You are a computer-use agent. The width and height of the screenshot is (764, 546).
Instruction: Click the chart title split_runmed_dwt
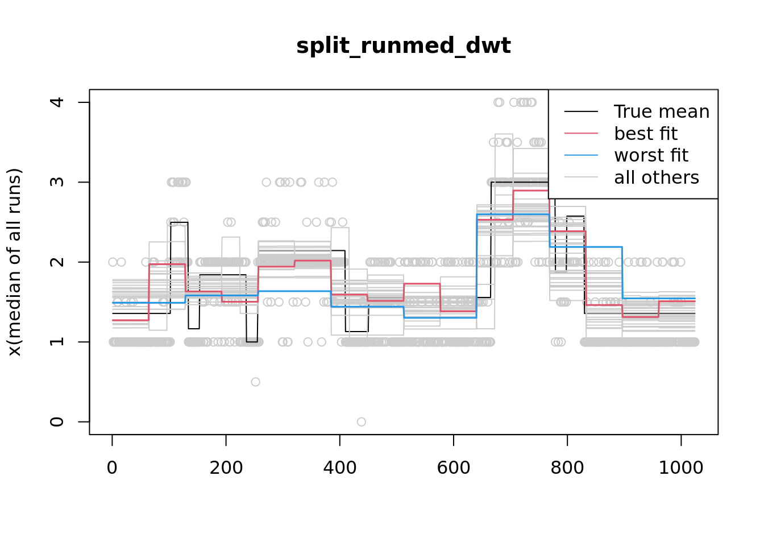tap(403, 45)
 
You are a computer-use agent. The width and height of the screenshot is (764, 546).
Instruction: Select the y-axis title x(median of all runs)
tap(14, 262)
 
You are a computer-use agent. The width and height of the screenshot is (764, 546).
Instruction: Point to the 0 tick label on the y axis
tap(57, 421)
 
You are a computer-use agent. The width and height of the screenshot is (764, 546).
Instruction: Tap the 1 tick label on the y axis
tap(57, 342)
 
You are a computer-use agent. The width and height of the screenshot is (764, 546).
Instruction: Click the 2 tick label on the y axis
tap(57, 262)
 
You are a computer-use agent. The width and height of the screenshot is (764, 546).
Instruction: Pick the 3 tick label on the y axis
tap(57, 182)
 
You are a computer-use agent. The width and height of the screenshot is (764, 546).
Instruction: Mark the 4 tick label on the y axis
tap(57, 102)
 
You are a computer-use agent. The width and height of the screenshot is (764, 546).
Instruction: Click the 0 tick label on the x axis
tap(112, 468)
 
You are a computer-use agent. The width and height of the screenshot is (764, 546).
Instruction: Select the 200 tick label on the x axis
tap(226, 468)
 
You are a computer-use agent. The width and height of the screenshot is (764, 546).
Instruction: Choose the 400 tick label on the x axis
tap(339, 468)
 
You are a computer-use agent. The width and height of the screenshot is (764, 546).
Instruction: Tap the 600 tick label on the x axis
tap(453, 468)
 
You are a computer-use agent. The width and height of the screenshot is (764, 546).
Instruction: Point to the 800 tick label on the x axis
tap(567, 468)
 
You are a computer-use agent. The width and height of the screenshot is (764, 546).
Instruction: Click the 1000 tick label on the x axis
tap(680, 468)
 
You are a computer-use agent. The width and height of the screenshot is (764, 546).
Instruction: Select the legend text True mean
tap(662, 111)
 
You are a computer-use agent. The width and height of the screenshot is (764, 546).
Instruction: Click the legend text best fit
tap(646, 134)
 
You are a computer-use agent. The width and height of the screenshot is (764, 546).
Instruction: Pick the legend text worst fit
tap(651, 155)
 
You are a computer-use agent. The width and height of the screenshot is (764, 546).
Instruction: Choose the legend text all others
tap(657, 177)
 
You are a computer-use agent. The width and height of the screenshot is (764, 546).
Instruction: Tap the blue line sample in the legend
tap(581, 155)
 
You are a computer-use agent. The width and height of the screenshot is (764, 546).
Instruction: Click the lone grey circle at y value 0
tap(362, 421)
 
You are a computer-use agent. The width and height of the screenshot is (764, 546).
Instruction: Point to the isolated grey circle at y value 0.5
tap(256, 382)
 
